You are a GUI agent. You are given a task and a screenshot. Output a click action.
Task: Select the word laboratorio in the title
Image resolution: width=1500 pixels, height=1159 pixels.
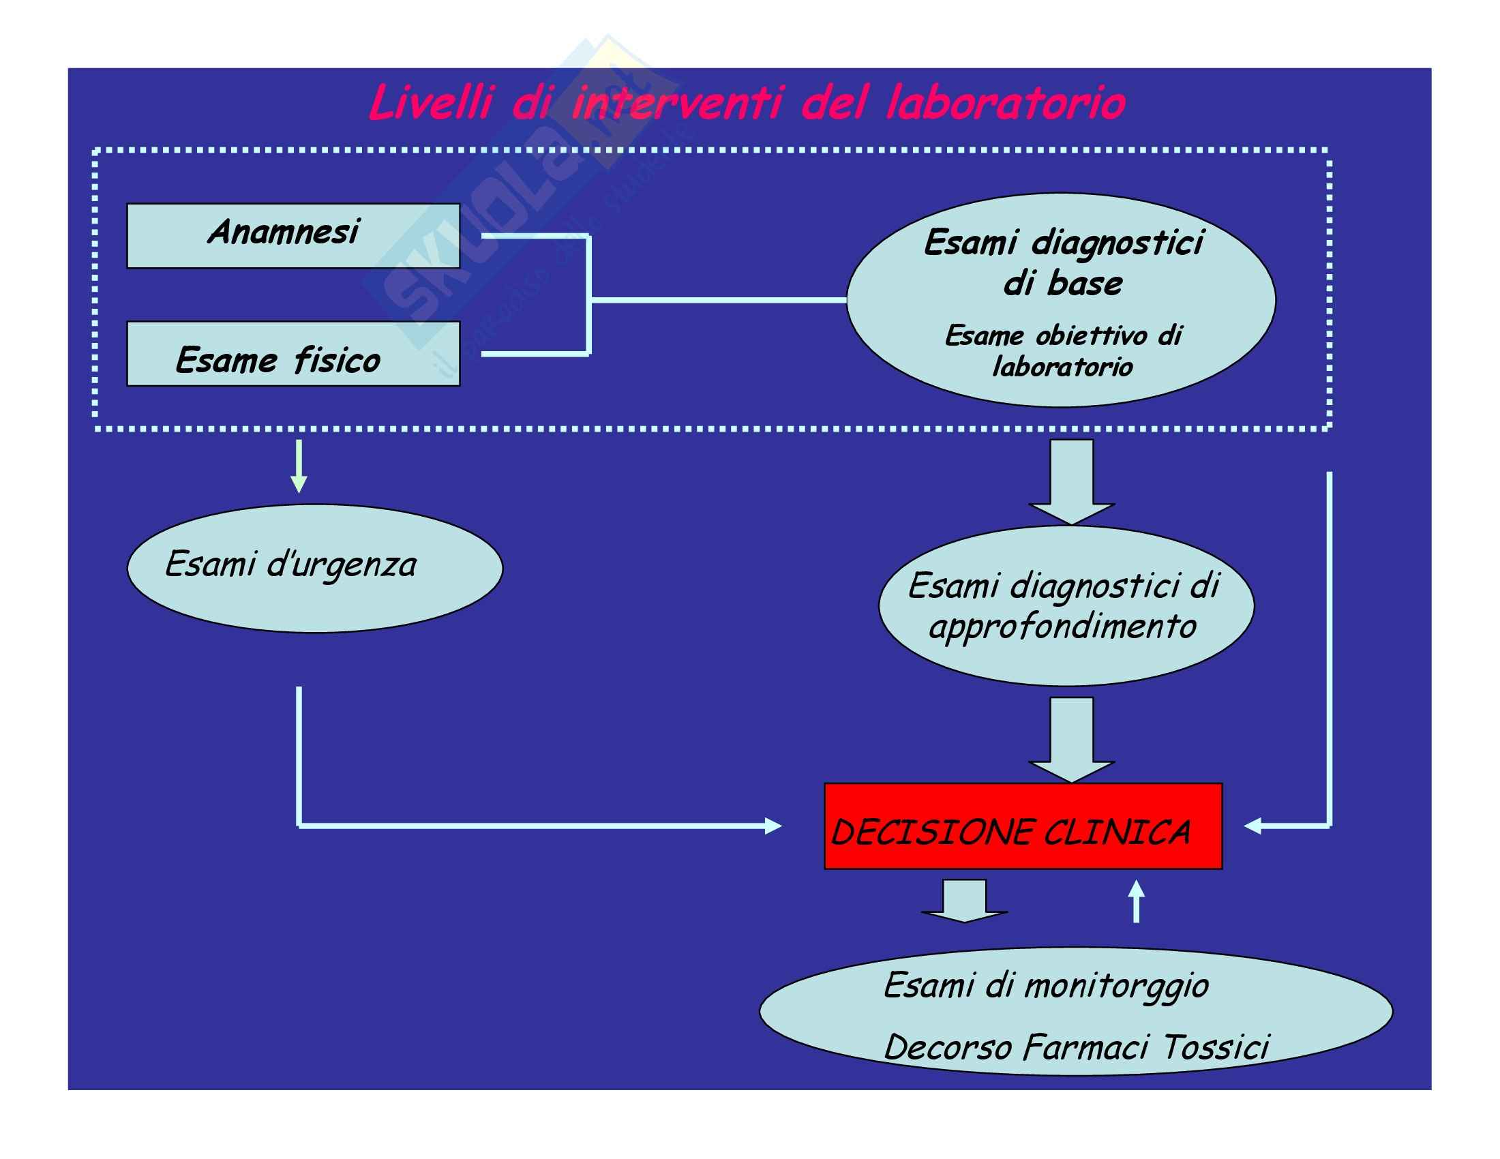tap(1005, 104)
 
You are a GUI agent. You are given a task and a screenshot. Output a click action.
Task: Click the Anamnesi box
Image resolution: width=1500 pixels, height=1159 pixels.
tap(293, 235)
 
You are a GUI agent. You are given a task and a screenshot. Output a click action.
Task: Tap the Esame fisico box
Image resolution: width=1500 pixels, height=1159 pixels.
tap(293, 354)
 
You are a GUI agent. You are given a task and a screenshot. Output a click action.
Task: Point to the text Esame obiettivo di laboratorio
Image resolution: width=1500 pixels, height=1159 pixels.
tap(1062, 351)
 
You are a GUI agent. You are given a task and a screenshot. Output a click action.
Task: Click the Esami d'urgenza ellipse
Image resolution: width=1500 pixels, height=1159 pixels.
tap(314, 568)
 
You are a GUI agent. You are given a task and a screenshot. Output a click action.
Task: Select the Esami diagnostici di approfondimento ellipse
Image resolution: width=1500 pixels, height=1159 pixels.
tap(1066, 606)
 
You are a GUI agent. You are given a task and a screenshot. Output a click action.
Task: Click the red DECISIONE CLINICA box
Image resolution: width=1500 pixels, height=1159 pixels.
tap(1023, 826)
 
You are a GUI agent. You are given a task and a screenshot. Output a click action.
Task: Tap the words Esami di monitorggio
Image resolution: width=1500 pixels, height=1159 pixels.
tap(1045, 986)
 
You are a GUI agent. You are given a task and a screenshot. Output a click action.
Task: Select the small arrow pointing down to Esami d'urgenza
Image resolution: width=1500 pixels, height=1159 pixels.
tap(299, 467)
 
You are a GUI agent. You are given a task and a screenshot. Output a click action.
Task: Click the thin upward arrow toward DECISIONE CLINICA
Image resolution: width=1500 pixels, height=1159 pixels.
tap(1137, 901)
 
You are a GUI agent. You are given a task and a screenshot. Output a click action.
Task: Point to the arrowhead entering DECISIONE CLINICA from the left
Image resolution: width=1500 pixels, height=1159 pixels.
tap(772, 826)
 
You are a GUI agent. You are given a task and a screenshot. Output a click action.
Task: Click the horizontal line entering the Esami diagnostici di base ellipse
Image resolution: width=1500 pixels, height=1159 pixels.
tap(718, 300)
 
